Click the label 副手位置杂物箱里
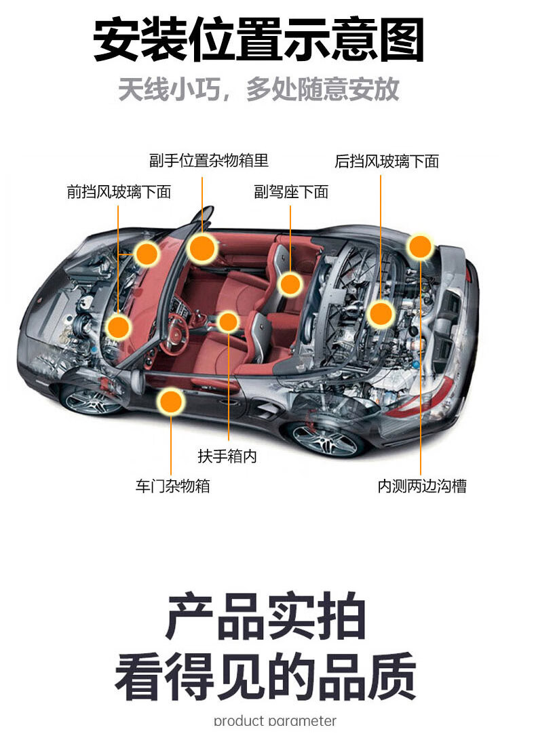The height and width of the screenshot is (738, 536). tap(209, 161)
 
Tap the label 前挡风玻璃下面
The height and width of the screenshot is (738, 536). tap(118, 192)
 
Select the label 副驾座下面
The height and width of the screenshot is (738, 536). tap(291, 192)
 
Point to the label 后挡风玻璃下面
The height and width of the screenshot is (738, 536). tap(387, 161)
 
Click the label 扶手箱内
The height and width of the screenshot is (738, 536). tap(227, 457)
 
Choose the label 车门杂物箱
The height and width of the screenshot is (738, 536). tap(172, 486)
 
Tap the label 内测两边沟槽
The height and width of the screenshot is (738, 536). tap(422, 486)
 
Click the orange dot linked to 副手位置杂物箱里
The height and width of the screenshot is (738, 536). tap(202, 248)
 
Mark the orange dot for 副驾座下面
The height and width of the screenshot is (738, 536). tap(290, 284)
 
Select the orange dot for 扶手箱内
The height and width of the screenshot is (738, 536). tap(228, 322)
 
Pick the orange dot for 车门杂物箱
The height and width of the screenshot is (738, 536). tap(171, 402)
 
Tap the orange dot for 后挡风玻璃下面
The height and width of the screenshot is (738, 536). tap(381, 313)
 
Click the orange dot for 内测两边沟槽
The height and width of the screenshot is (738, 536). tap(421, 247)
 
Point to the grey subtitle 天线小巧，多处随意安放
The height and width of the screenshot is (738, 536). tap(259, 90)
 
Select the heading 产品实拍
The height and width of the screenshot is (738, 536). tap(266, 617)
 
